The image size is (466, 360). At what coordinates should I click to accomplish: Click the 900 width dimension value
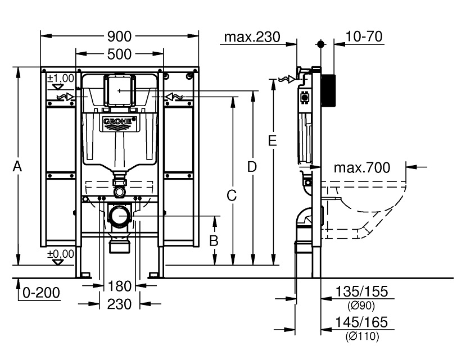(119, 37)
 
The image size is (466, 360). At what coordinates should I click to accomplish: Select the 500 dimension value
(119, 54)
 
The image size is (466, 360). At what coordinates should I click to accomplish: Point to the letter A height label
(17, 166)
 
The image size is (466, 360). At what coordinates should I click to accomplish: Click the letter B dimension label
(214, 240)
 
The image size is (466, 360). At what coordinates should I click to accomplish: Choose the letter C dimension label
(232, 196)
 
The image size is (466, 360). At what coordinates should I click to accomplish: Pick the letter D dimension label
(252, 167)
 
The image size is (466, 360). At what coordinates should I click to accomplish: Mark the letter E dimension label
(272, 140)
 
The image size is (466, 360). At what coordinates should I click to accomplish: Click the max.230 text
(252, 37)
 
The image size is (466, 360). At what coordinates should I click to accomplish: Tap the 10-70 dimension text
(364, 37)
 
